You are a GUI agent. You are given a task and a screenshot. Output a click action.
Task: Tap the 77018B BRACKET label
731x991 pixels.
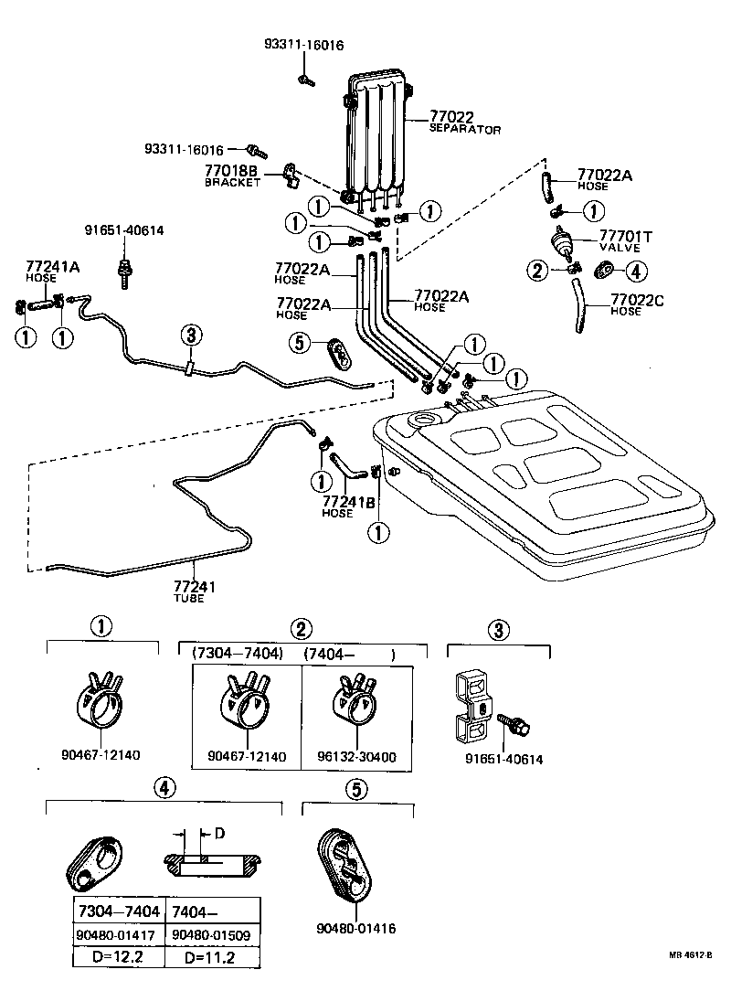point(231,175)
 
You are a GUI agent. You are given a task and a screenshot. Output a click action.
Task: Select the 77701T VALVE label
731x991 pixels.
point(625,240)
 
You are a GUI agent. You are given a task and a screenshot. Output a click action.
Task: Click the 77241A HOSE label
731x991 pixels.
point(52,272)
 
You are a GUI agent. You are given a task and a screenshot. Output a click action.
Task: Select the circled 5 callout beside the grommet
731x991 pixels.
point(299,343)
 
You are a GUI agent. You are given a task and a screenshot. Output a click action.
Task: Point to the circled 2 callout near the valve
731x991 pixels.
point(538,270)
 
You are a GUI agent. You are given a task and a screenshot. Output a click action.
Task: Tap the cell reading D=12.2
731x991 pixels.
point(119,956)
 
